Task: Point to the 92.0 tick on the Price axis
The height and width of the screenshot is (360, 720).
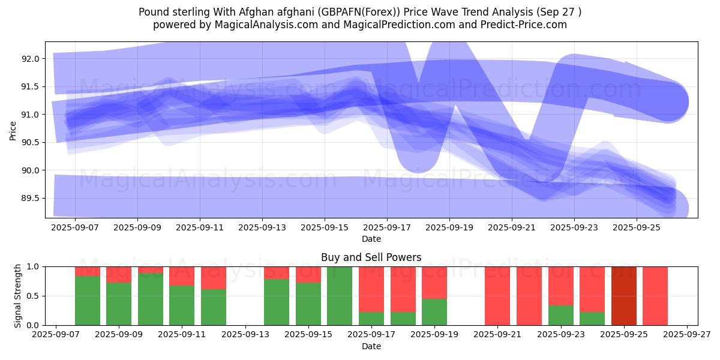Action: tap(30, 59)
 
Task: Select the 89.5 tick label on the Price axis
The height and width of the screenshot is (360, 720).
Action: tap(30, 198)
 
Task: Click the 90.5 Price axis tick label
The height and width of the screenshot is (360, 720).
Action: tap(30, 142)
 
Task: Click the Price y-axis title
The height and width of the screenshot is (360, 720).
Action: tap(13, 130)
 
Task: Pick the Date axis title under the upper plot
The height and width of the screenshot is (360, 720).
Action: tap(371, 239)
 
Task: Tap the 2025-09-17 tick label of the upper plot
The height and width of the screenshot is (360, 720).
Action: tap(386, 227)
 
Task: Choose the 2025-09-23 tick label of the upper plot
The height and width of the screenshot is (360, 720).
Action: tap(574, 227)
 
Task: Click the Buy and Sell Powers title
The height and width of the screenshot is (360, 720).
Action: tap(371, 257)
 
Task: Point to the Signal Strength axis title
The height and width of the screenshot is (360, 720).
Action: tap(18, 295)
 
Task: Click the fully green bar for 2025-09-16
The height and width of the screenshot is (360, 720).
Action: tap(340, 296)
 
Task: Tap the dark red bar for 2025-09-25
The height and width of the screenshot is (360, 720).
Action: tap(624, 296)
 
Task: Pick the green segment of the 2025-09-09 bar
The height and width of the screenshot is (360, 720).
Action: tap(119, 304)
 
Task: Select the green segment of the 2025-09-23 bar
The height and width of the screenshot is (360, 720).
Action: tap(561, 315)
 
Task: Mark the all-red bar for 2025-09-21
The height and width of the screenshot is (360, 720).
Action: tap(497, 296)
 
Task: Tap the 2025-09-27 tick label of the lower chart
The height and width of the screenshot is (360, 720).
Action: tap(686, 335)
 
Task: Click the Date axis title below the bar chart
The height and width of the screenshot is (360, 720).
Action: tap(371, 346)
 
